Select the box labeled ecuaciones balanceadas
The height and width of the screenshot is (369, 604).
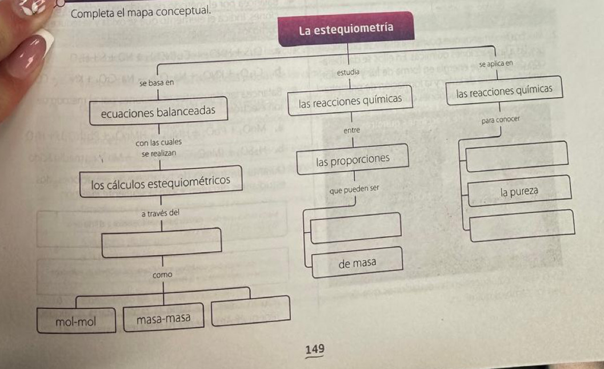pos(158,110)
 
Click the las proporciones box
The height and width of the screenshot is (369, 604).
pos(352,159)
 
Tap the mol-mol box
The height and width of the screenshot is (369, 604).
pos(76,321)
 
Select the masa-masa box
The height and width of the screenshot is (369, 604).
pos(163,318)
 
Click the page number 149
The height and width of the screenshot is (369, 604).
pos(314,349)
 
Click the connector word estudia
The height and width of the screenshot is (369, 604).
pos(348,73)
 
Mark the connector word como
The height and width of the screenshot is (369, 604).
pos(162,275)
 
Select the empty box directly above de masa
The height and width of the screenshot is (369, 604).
pos(354,225)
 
